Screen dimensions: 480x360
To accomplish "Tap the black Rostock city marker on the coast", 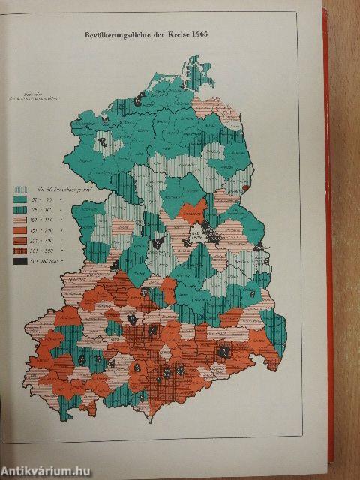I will pyautogui.click(x=140, y=95).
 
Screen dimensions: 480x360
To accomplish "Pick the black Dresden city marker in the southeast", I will pyautogui.click(x=223, y=350).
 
